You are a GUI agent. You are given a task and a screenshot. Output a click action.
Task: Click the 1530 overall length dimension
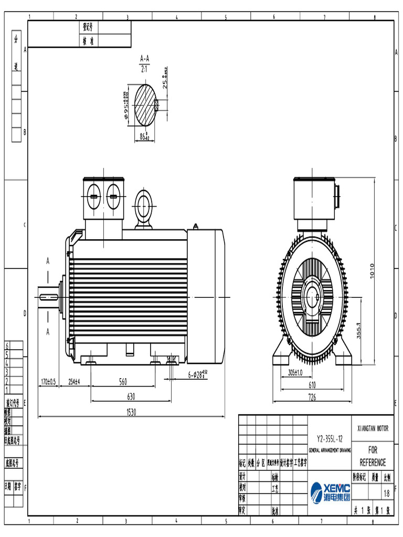131,413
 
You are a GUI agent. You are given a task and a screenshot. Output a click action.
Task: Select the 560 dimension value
123,382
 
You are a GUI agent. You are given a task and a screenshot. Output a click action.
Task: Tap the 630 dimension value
131,397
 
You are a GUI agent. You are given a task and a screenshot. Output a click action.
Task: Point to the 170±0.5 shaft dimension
48,382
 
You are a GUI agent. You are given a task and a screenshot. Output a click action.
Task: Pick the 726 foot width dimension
312,398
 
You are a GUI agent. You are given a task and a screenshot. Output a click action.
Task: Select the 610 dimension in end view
312,385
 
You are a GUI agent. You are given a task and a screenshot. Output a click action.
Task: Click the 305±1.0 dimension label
295,372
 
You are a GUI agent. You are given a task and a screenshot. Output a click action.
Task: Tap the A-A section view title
145,59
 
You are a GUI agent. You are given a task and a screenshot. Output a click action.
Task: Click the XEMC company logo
330,492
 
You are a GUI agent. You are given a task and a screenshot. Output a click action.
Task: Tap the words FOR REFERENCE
373,456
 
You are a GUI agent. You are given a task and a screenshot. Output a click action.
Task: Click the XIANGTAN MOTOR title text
373,428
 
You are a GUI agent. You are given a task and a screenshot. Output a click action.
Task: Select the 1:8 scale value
387,493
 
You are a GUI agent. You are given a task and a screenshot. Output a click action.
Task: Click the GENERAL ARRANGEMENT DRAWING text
330,450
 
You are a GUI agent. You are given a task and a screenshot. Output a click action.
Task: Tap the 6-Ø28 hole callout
198,374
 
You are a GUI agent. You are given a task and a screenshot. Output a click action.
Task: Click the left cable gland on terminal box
93,197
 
